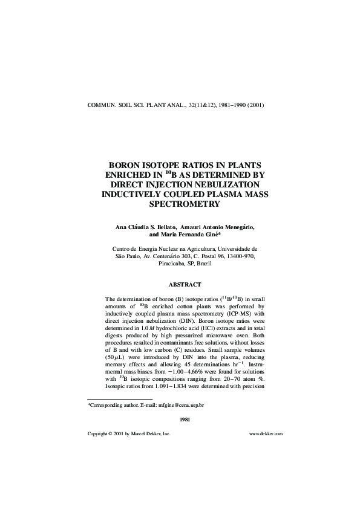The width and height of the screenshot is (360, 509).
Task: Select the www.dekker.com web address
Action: (x=266, y=433)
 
